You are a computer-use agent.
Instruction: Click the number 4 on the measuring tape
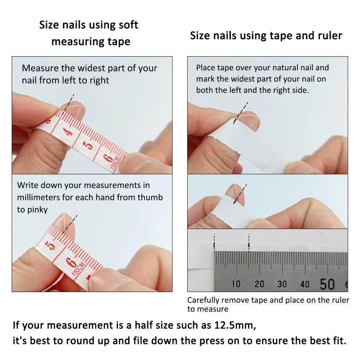(68, 132)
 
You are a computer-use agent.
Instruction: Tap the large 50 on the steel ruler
(327, 284)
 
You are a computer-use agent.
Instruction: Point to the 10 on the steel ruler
(236, 284)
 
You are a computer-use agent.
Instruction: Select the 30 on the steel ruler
(282, 284)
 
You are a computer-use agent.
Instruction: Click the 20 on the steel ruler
(259, 284)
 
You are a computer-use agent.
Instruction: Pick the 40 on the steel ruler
(305, 284)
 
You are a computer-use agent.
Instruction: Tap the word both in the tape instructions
(205, 90)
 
